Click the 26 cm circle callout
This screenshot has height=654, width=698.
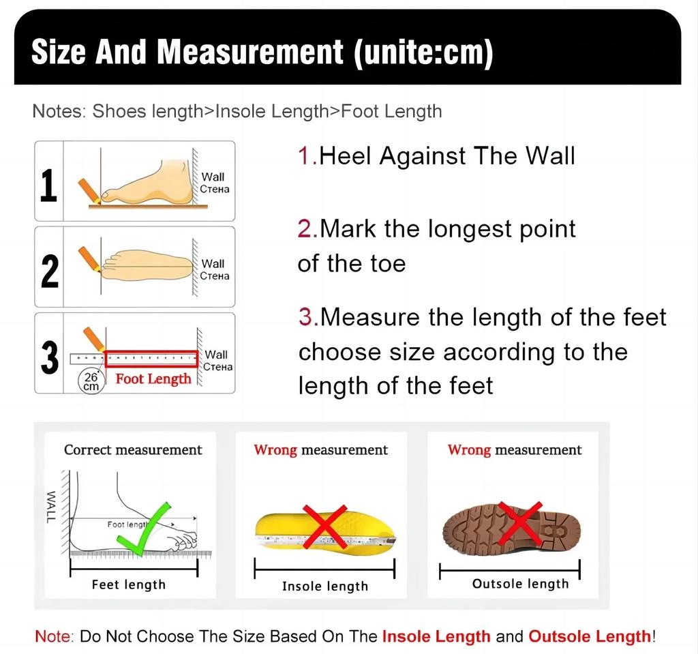click(x=91, y=381)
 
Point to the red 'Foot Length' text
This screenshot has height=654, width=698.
click(x=153, y=379)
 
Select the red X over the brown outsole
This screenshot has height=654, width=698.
click(x=520, y=523)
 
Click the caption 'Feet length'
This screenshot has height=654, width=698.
click(x=129, y=584)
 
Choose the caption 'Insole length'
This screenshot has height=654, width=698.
click(x=324, y=586)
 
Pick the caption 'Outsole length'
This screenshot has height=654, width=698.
click(x=520, y=584)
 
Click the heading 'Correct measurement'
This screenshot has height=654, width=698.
click(x=133, y=450)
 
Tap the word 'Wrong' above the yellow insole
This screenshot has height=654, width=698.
click(x=275, y=450)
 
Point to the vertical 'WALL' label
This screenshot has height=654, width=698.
click(x=50, y=507)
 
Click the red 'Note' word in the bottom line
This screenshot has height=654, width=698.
click(x=52, y=636)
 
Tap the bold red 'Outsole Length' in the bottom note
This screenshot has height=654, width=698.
click(x=590, y=636)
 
